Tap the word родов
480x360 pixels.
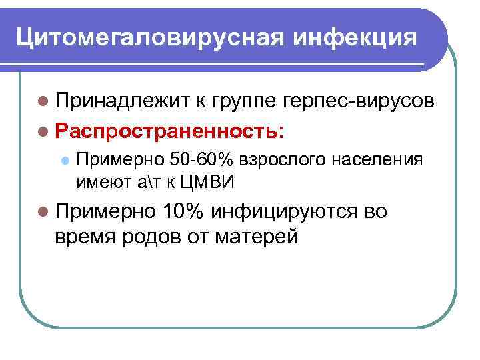pyautogui.click(x=158, y=236)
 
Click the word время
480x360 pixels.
pyautogui.click(x=85, y=236)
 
